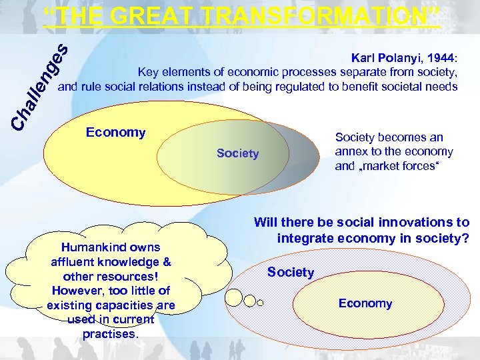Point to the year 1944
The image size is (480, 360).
(x=441, y=58)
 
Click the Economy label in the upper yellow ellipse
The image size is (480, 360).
(x=115, y=132)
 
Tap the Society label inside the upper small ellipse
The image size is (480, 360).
(x=237, y=153)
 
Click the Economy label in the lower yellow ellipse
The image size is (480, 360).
(x=365, y=303)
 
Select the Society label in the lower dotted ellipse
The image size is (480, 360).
(x=290, y=272)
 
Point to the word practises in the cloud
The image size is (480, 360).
(x=109, y=334)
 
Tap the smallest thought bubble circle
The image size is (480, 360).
(x=260, y=303)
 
